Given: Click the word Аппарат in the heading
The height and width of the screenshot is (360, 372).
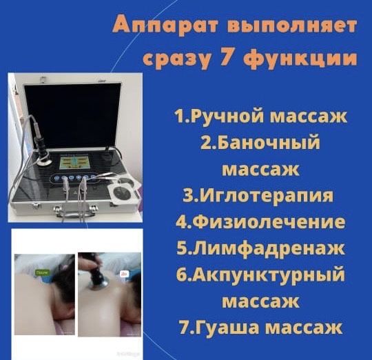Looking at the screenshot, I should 153,26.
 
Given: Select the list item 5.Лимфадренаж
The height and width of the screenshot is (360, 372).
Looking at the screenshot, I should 260,248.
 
